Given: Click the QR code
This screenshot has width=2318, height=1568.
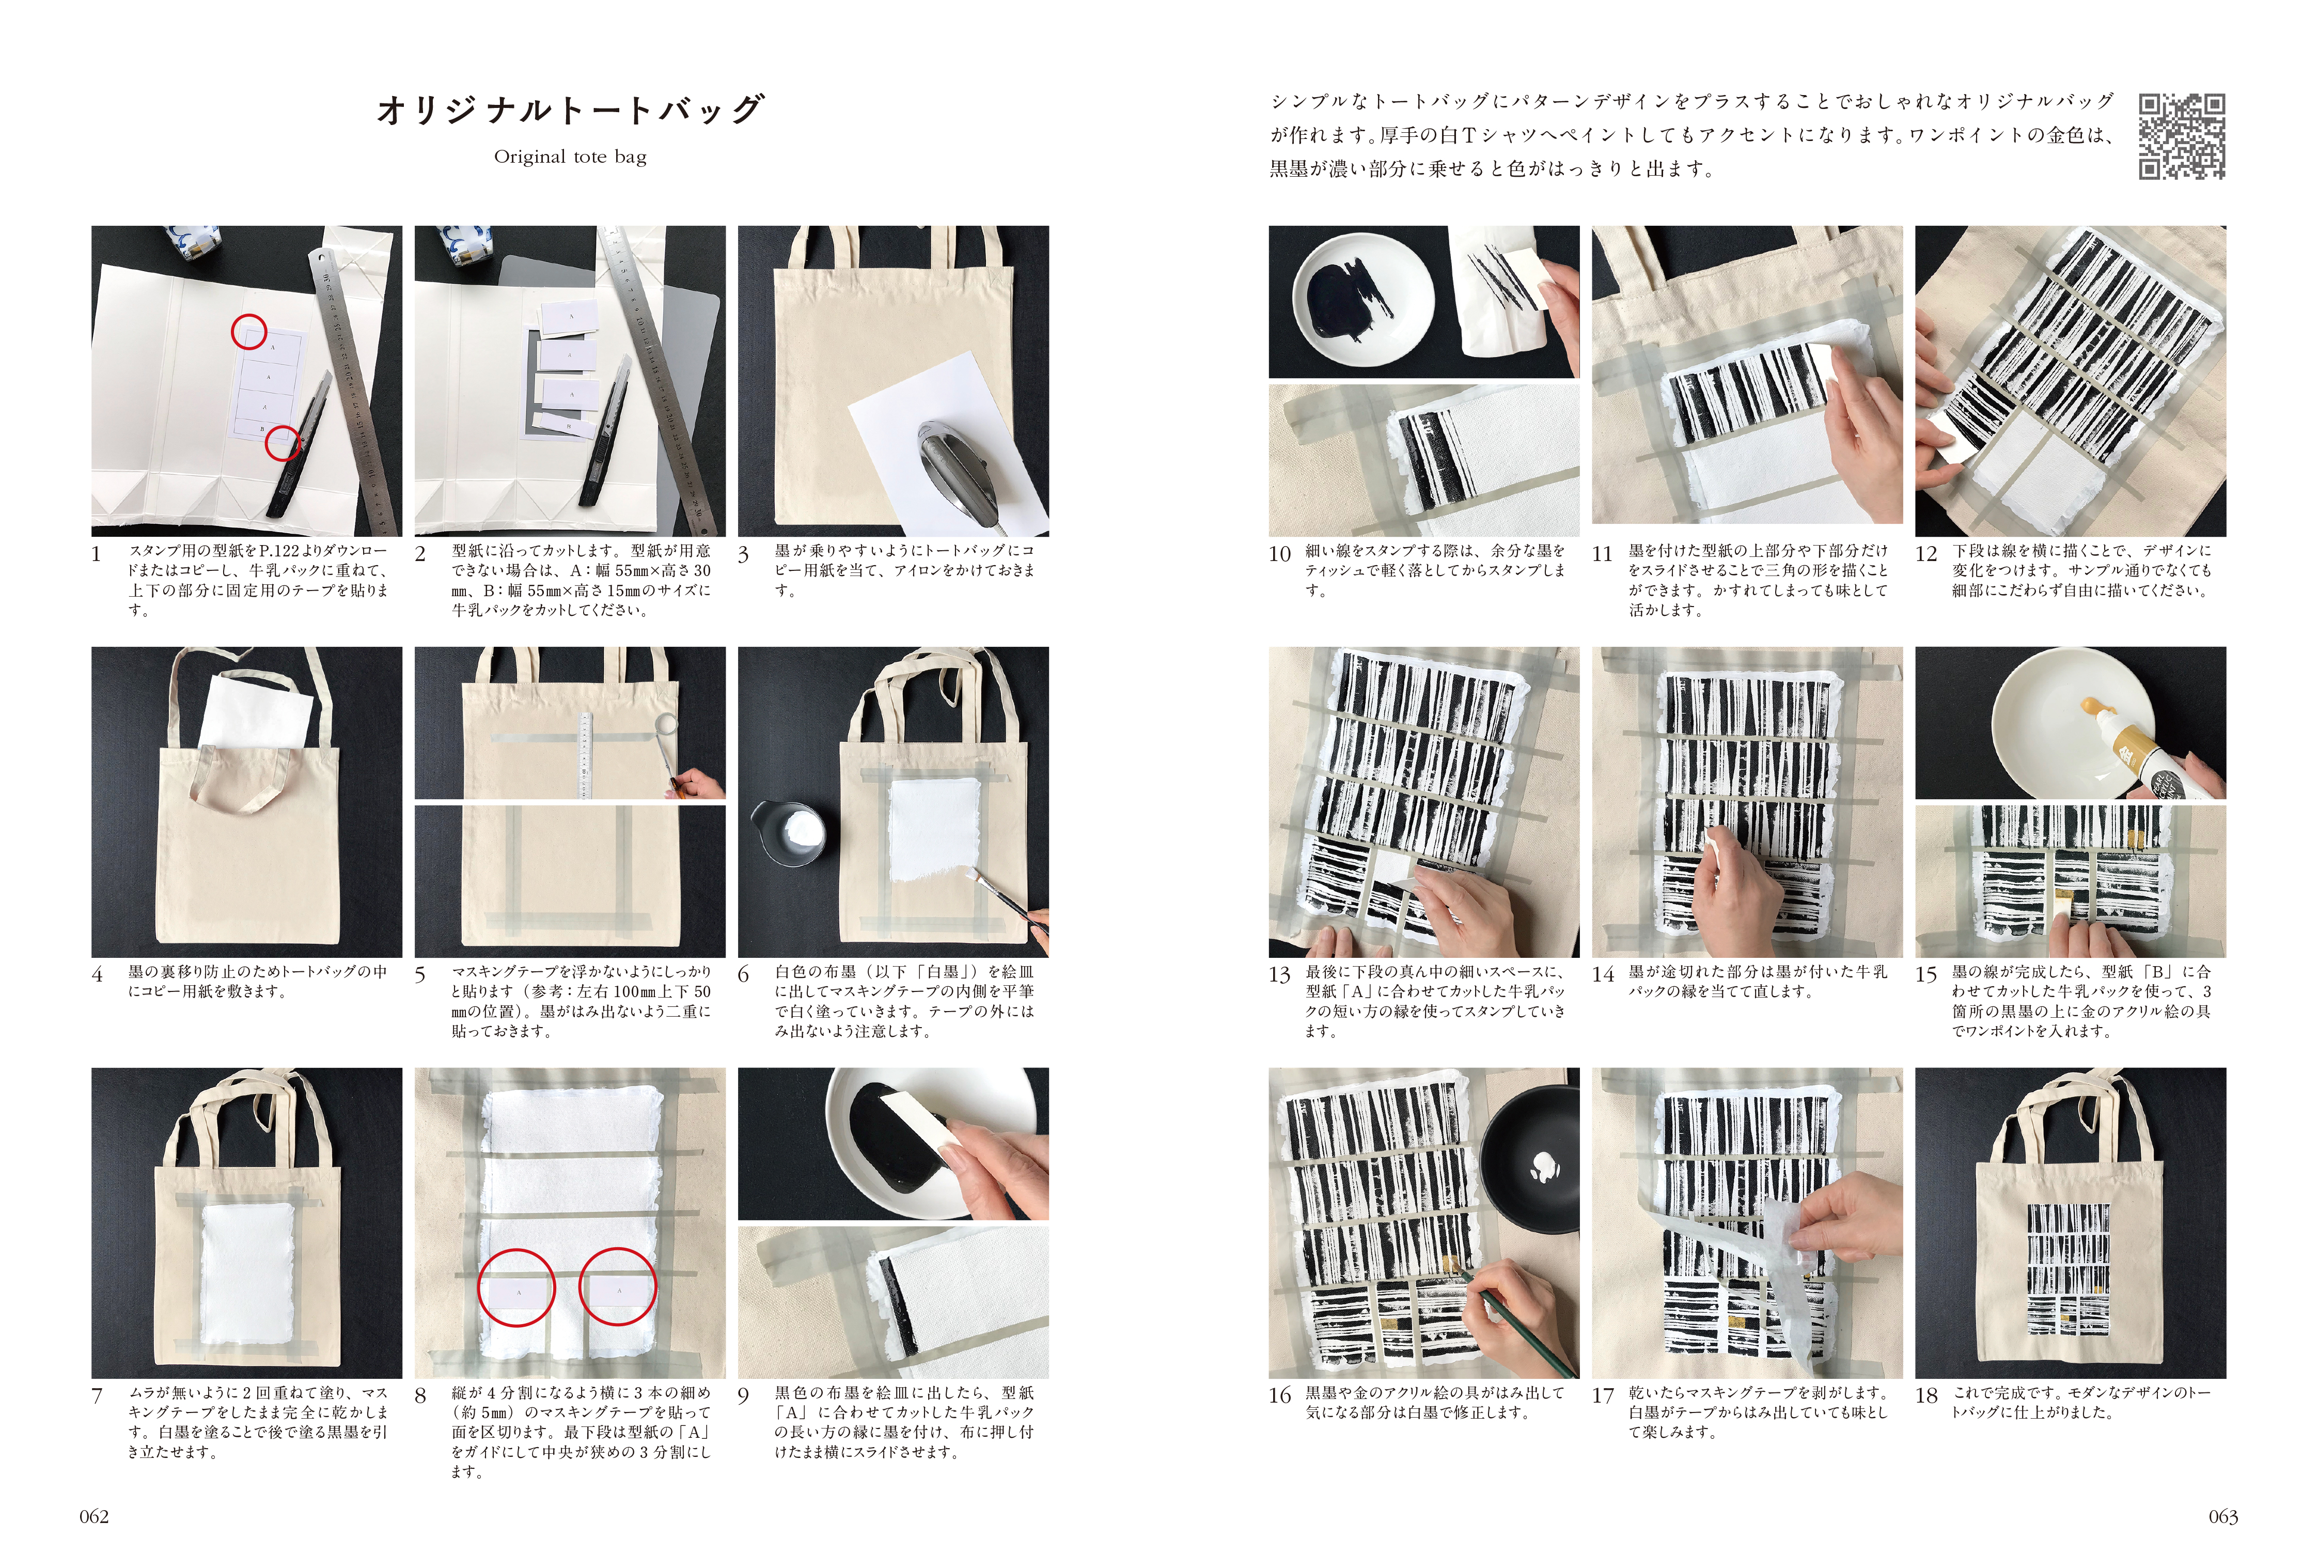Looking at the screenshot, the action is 2181,137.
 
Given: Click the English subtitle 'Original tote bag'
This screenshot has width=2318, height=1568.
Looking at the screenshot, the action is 571,157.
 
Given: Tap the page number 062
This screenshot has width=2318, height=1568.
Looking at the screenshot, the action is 94,1516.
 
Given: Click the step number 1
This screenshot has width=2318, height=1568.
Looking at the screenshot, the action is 97,554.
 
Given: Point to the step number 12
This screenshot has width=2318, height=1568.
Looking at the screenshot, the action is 1926,554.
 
